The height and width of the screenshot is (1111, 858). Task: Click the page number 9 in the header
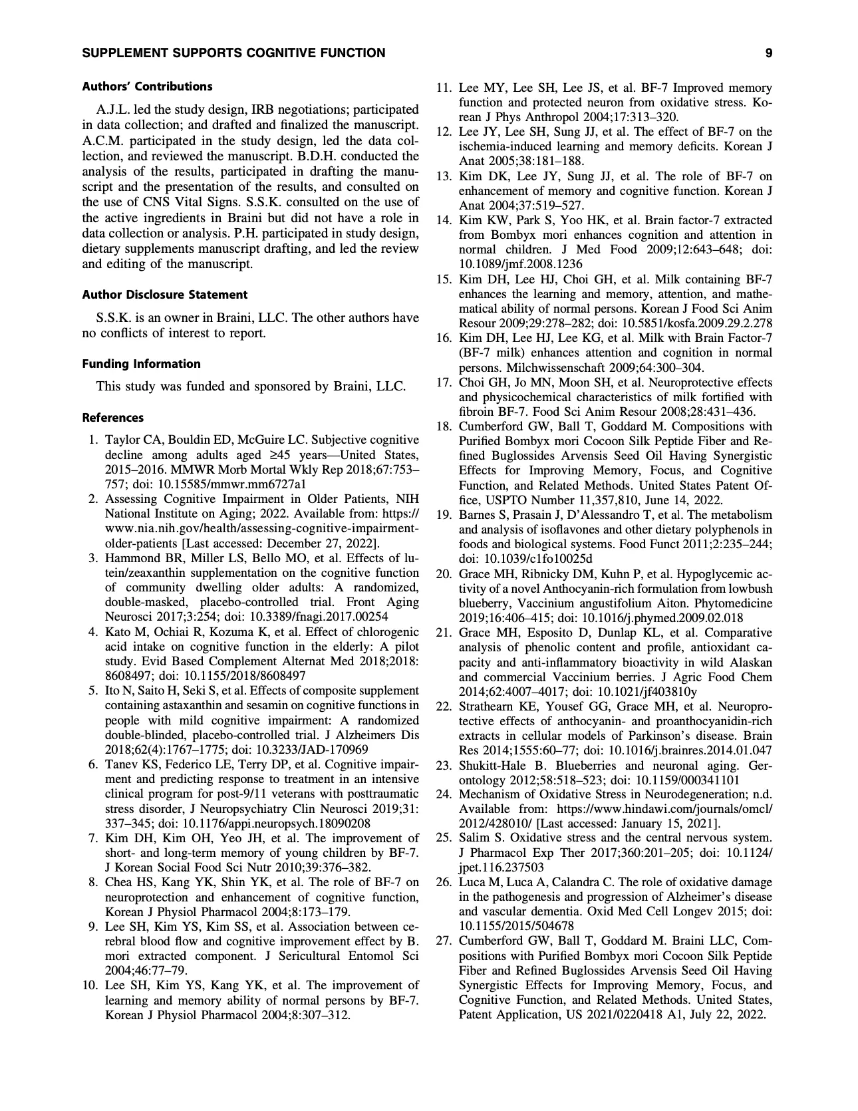click(768, 53)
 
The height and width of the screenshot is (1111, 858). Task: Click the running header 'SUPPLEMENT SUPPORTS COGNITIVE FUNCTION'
click(233, 53)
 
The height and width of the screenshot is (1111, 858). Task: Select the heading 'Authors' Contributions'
click(147, 86)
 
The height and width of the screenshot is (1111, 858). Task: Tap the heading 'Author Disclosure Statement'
click(164, 295)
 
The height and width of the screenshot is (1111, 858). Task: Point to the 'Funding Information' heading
click(141, 364)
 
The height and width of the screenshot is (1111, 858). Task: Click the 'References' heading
click(112, 418)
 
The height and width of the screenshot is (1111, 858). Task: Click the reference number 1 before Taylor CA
click(94, 440)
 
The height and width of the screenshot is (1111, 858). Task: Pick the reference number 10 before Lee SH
click(90, 985)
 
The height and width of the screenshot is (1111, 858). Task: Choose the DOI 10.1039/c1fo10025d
click(525, 559)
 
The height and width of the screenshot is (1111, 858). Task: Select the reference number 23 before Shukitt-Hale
click(444, 766)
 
